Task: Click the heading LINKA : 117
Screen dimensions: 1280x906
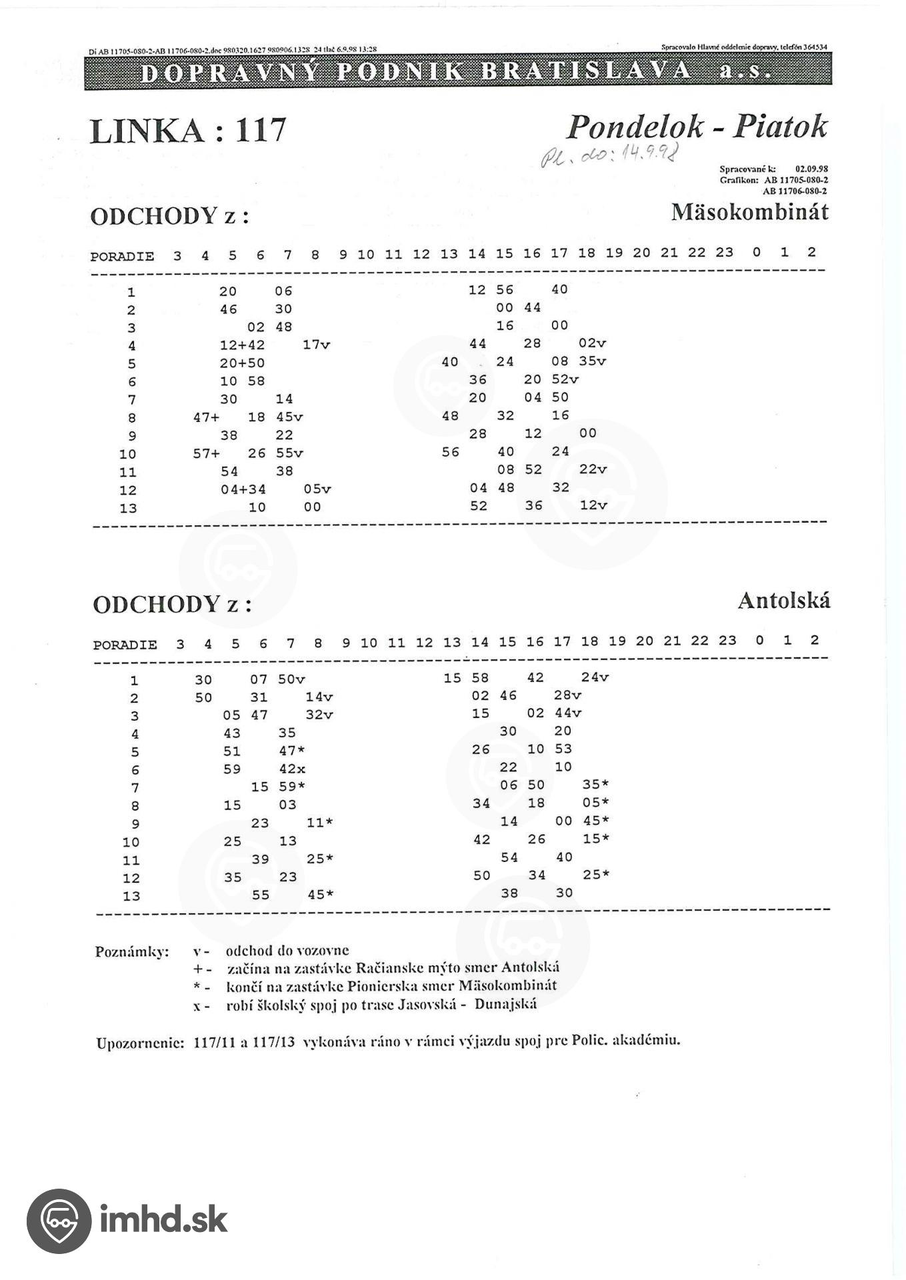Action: point(188,131)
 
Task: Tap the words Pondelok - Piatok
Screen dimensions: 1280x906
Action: point(697,127)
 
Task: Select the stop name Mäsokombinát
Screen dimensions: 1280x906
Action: point(749,213)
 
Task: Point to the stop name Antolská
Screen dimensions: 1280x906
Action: point(783,601)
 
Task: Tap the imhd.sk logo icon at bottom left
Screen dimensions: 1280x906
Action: point(59,1221)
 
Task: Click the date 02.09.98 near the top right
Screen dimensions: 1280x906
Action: point(811,169)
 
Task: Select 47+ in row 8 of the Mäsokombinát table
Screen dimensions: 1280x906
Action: point(206,417)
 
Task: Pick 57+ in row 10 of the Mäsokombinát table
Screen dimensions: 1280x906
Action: point(206,453)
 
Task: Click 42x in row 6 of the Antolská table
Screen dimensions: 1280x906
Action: point(292,769)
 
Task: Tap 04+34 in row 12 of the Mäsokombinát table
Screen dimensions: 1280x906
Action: point(243,489)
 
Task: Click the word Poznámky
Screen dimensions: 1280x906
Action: point(132,951)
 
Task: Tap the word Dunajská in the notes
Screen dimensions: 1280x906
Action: point(505,1004)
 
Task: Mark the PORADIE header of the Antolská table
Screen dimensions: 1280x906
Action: point(125,645)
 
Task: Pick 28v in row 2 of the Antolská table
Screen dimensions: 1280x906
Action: point(567,695)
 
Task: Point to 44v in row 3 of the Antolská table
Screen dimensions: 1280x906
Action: point(567,713)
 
